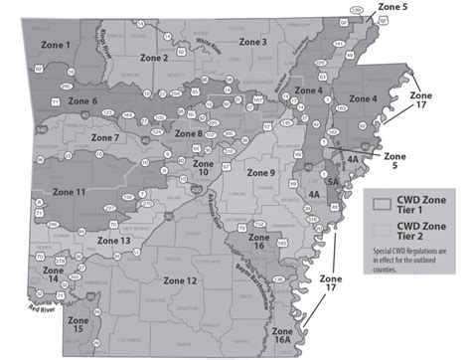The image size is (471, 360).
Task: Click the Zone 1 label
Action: pyautogui.click(x=56, y=46)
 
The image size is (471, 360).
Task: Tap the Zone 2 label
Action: pyautogui.click(x=151, y=58)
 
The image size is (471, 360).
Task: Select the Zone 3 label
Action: pyautogui.click(x=250, y=43)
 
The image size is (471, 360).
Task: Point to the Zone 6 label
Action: pyautogui.click(x=82, y=101)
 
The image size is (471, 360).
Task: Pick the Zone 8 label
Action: pyautogui.click(x=189, y=132)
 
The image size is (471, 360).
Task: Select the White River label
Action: pyautogui.click(x=210, y=43)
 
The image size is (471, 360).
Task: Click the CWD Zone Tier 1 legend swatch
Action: pyautogui.click(x=377, y=202)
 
